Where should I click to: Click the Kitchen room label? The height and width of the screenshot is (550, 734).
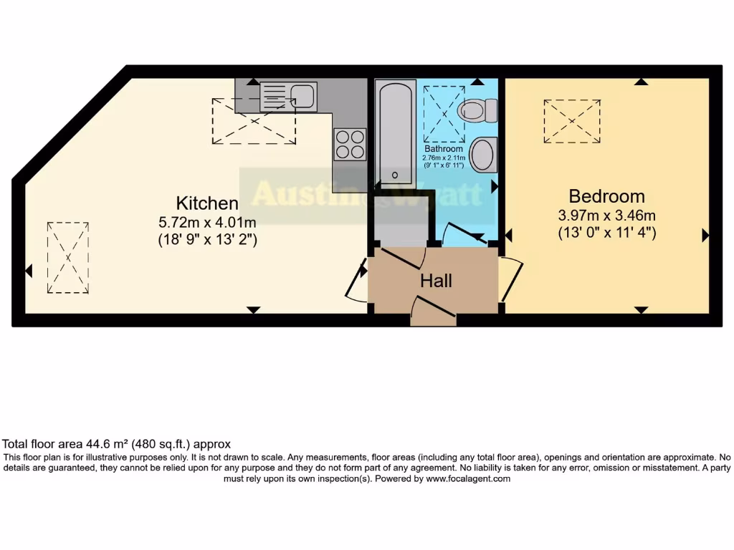(207, 203)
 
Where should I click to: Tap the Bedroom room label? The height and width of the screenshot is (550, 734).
(606, 196)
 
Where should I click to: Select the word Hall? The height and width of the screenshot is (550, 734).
(436, 281)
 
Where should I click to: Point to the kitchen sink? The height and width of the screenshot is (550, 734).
(287, 96)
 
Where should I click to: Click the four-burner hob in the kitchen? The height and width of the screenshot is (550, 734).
(349, 144)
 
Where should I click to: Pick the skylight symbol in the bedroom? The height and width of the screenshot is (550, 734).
(571, 121)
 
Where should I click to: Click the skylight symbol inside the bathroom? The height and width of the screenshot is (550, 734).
(444, 113)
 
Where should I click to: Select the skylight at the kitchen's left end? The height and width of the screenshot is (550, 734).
(68, 257)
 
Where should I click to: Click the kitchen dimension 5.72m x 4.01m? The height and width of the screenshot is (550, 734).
(207, 223)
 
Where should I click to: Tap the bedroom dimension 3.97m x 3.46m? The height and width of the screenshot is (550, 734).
(606, 216)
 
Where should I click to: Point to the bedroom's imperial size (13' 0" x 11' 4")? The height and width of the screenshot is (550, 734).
(606, 233)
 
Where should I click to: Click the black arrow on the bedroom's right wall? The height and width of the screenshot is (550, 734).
(705, 235)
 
